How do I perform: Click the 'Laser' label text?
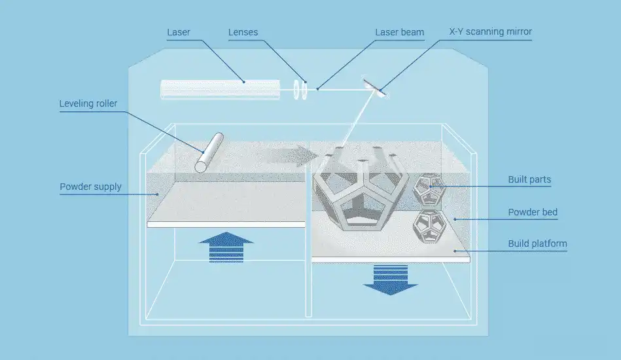pos(179,32)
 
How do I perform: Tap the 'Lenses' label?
pos(243,32)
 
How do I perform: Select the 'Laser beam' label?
pos(399,32)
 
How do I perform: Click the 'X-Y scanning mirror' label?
pos(490,32)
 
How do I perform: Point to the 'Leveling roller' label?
pos(88,103)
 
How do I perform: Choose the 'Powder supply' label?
pos(90,187)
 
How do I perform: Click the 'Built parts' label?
pos(529,179)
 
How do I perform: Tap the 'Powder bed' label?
pos(533,212)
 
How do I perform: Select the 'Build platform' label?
pos(537,244)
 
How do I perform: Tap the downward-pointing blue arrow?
pos(390,278)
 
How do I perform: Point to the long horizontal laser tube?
pos(220,90)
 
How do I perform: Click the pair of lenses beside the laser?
pos(300,90)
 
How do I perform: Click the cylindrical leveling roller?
pos(209,153)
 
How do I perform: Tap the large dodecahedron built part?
pos(360,190)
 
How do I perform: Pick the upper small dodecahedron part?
pos(429,189)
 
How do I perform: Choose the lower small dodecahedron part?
pos(429,225)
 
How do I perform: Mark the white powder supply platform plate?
pos(226,224)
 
